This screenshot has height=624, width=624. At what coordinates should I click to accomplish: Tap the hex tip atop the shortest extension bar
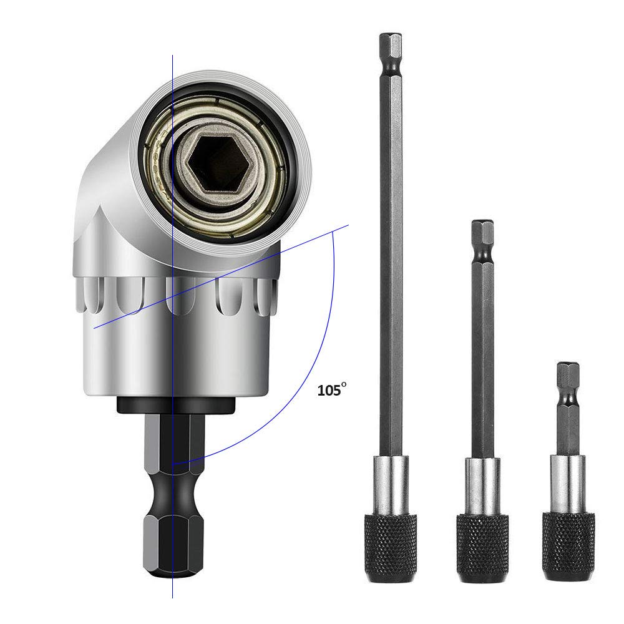pos(568,374)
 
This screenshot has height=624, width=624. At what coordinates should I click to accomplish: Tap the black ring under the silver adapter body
pos(174,404)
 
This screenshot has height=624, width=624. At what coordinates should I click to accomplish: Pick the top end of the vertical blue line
pos(172,55)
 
